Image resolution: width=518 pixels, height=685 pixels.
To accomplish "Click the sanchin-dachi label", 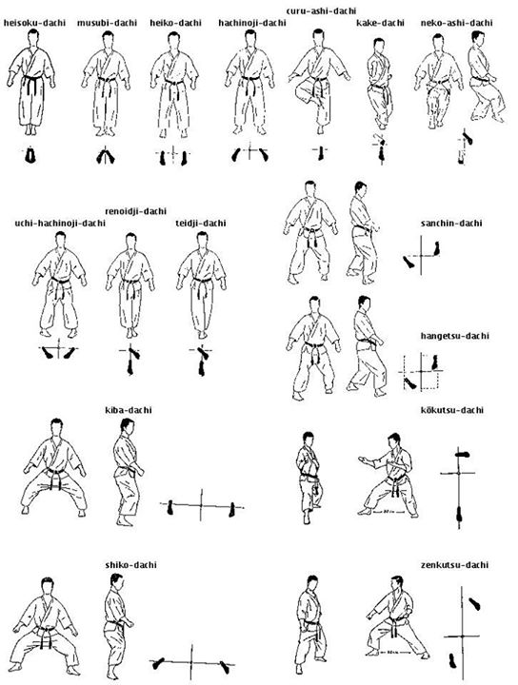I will pyautogui.click(x=451, y=224).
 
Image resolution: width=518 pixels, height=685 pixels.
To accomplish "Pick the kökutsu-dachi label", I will pyautogui.click(x=451, y=410).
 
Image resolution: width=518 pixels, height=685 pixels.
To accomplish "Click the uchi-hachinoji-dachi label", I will pyautogui.click(x=59, y=224).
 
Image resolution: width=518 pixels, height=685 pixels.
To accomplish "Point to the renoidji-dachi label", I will pyautogui.click(x=137, y=211).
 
